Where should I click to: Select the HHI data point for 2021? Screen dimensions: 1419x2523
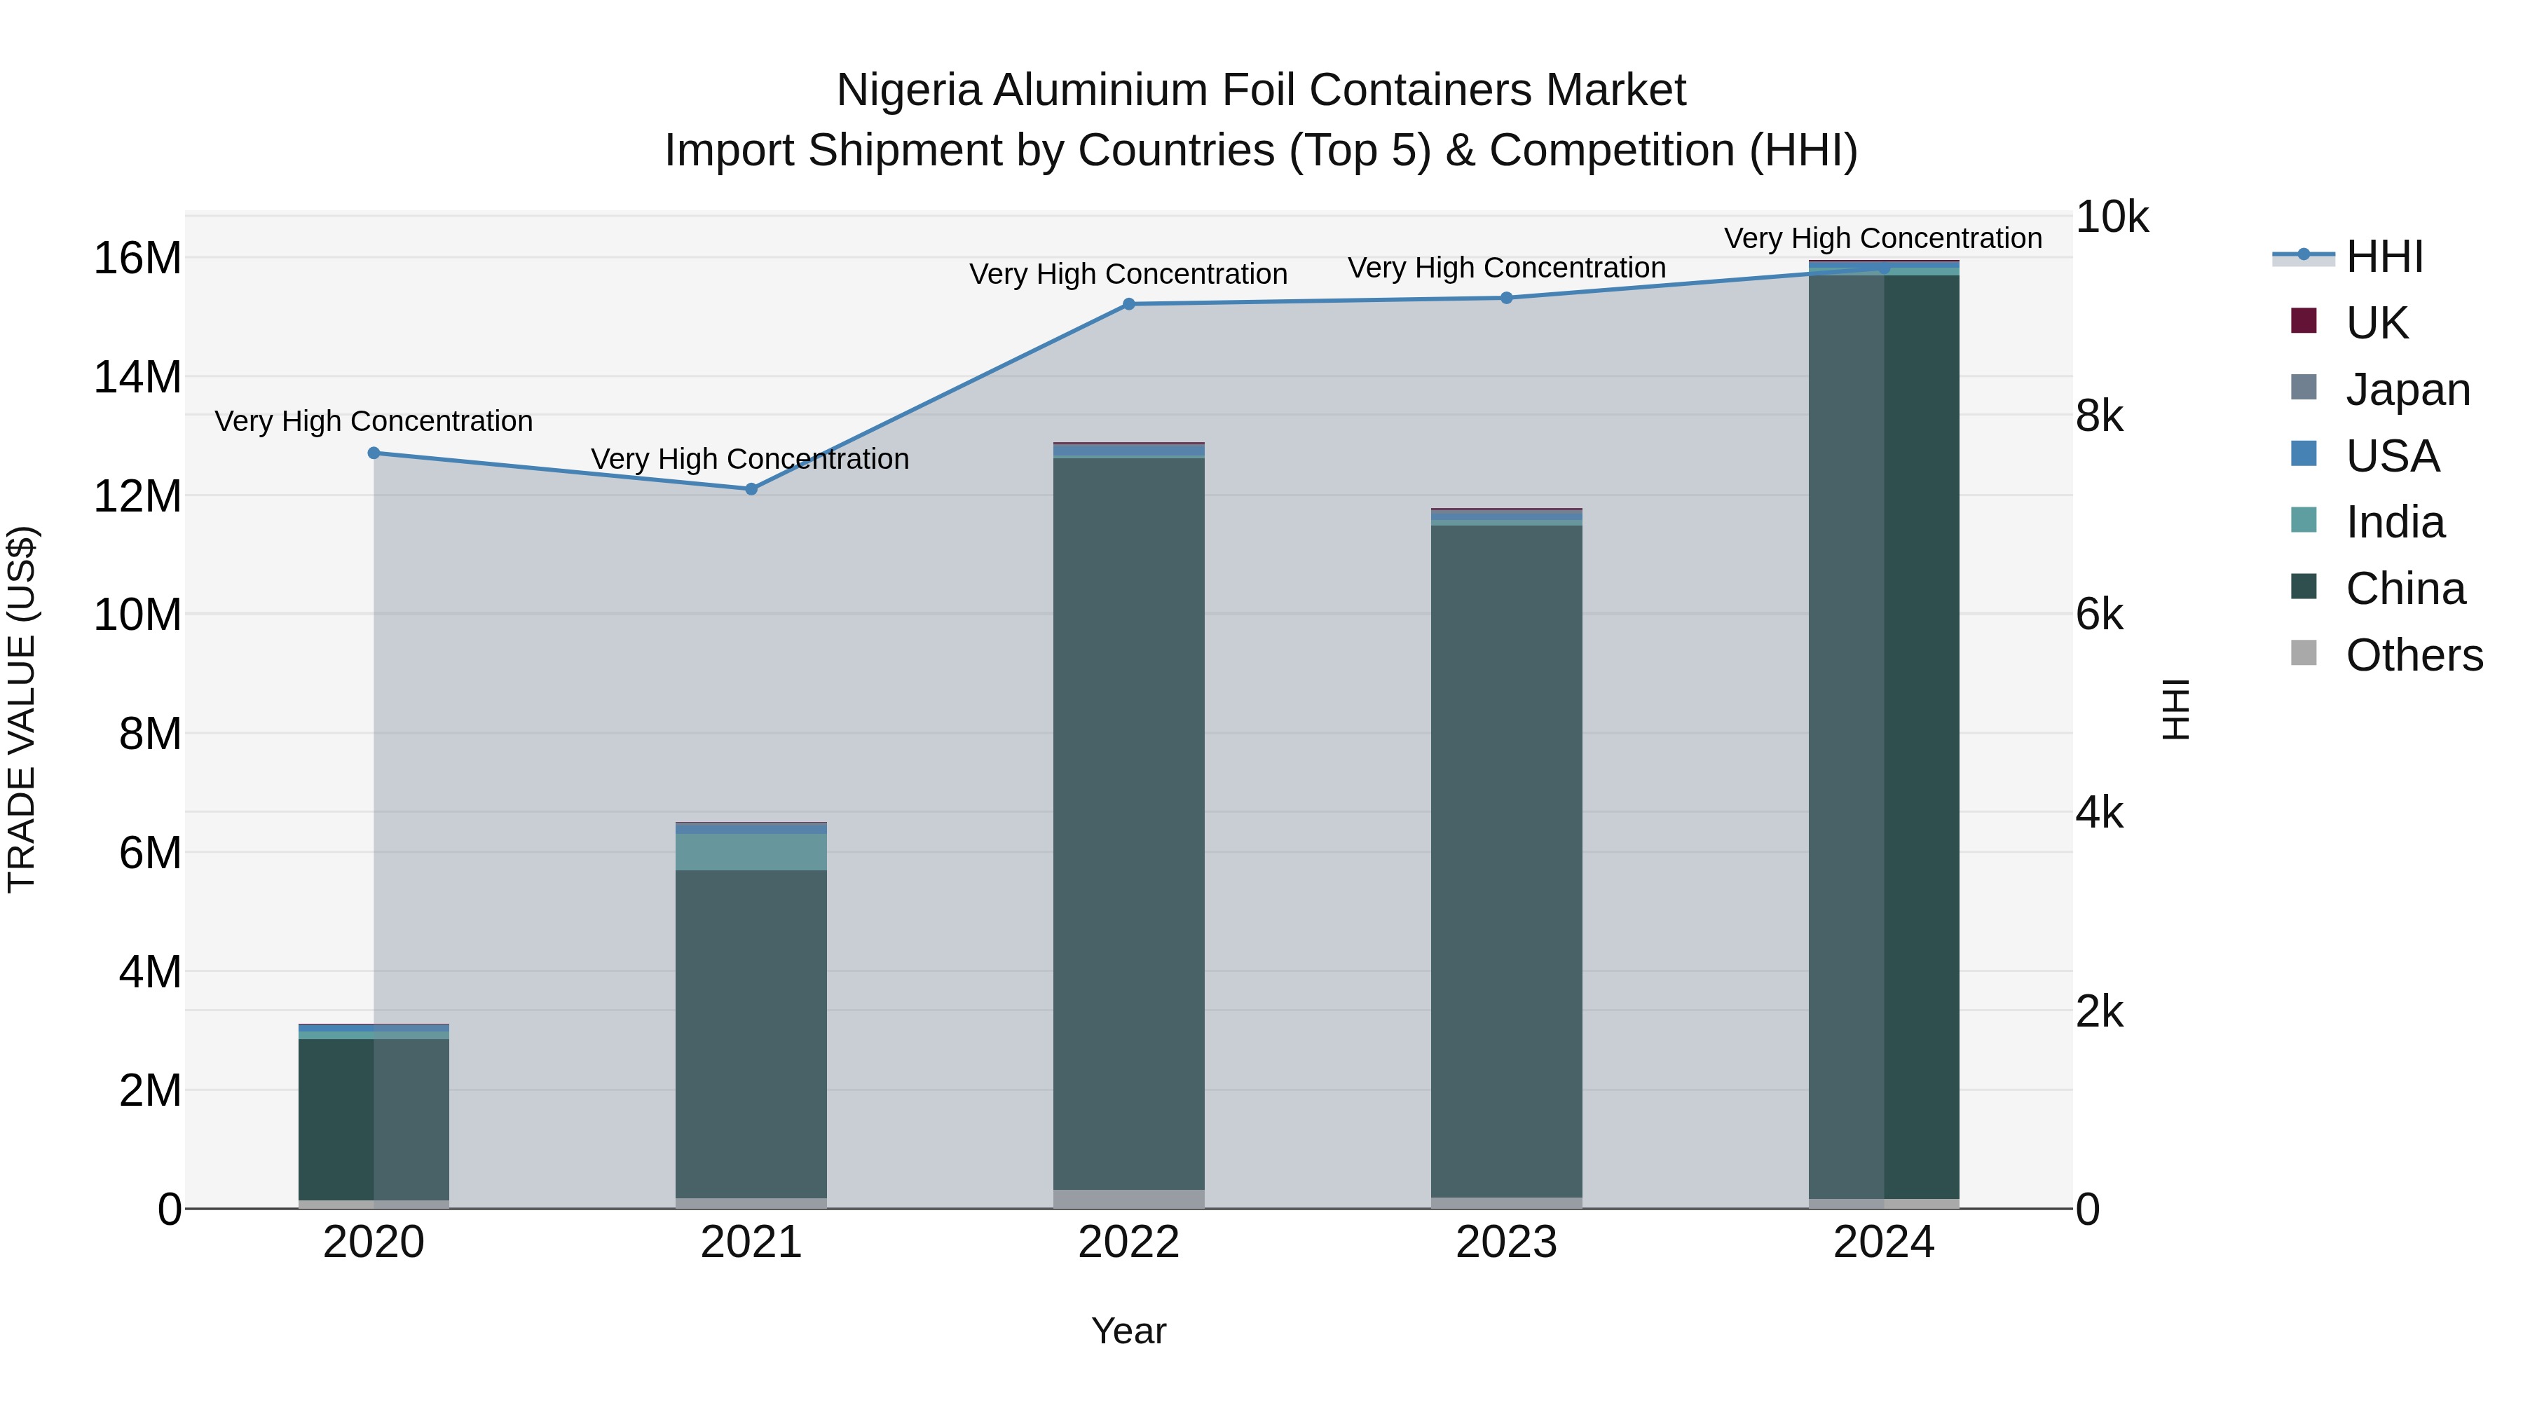pos(751,488)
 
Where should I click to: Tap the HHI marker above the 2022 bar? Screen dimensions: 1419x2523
pos(1128,305)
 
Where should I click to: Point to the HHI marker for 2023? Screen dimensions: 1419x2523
pos(1506,298)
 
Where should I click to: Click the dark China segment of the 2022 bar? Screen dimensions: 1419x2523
pos(1128,823)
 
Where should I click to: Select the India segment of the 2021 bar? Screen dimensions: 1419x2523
pos(751,852)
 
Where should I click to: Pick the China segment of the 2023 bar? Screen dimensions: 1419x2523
pos(1506,862)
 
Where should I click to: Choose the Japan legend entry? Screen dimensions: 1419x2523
pos(2407,390)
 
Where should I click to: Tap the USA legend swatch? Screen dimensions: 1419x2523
pos(2304,454)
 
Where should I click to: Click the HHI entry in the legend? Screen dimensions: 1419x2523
pos(2384,256)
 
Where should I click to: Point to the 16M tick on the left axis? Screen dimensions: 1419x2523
pos(137,259)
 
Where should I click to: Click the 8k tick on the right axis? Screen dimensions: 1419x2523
pos(2099,416)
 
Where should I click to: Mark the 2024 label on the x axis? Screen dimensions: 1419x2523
pos(1883,1242)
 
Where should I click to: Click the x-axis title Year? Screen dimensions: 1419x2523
pos(1128,1331)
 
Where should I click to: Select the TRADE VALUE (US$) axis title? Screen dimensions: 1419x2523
pos(22,710)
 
